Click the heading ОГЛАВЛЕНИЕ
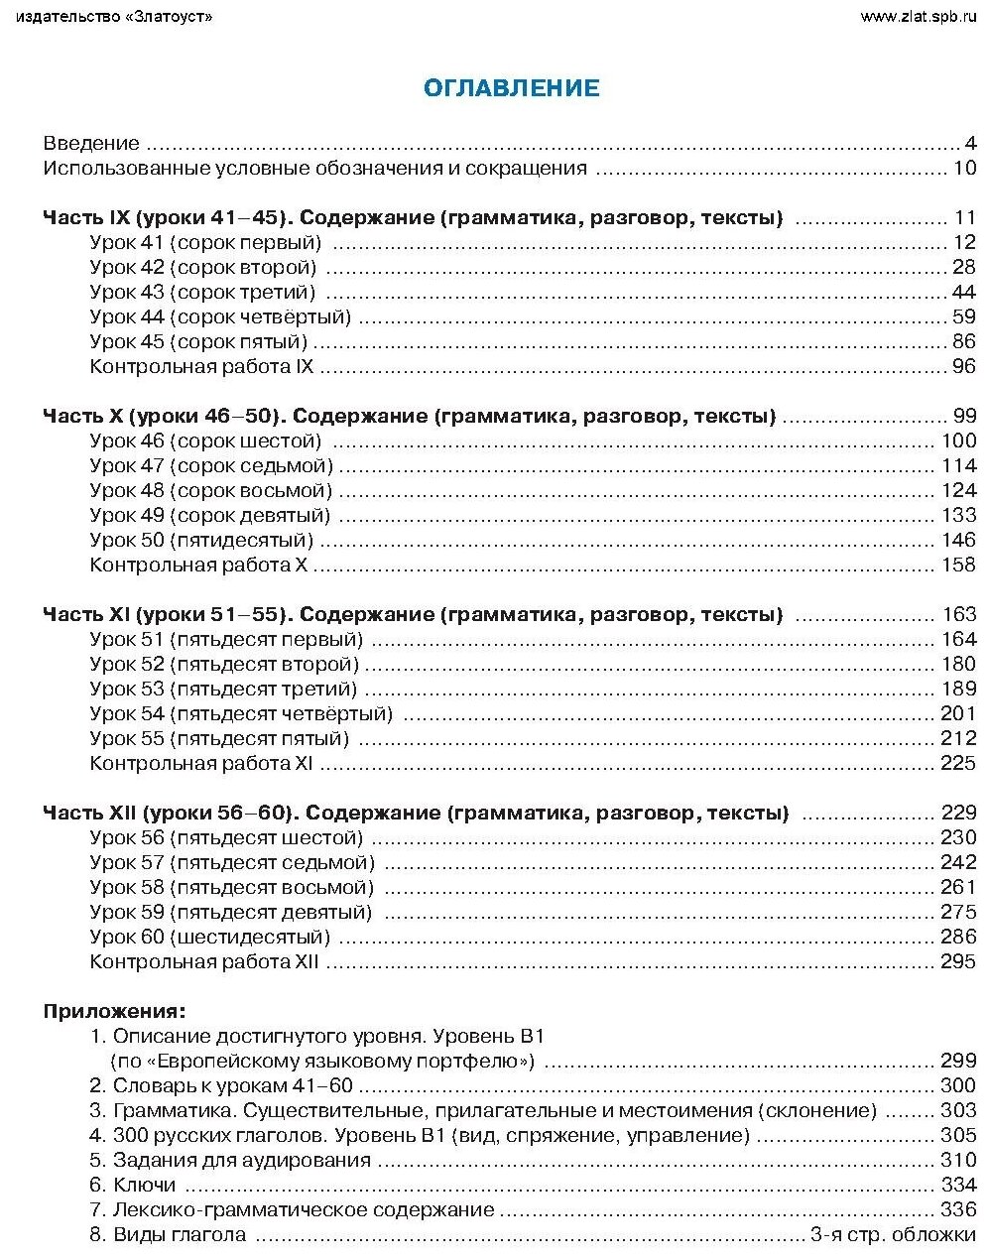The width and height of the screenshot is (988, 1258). [511, 88]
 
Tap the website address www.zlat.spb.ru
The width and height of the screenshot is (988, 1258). [918, 16]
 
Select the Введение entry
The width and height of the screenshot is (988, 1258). [91, 144]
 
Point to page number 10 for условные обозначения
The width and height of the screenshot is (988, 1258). [965, 169]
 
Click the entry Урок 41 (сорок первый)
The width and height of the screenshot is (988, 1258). [205, 243]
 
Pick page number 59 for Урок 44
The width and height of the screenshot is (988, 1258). [964, 317]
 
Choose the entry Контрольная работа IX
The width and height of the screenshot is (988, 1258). [201, 367]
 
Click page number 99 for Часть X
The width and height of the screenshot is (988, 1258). [965, 417]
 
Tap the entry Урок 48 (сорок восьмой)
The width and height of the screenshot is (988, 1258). [210, 491]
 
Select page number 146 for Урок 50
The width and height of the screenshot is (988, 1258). [958, 541]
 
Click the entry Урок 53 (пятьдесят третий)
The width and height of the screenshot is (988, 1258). [223, 690]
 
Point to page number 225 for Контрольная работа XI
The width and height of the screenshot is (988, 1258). [958, 764]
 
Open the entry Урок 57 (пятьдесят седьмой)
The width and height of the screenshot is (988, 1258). [232, 863]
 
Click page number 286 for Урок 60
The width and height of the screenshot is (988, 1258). [958, 938]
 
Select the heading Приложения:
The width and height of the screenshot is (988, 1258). [114, 1012]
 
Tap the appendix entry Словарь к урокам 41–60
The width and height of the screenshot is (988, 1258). [232, 1086]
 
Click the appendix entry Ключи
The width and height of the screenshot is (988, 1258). [144, 1186]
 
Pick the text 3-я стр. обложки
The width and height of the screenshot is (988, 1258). [893, 1235]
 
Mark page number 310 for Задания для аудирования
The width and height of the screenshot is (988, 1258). [958, 1161]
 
